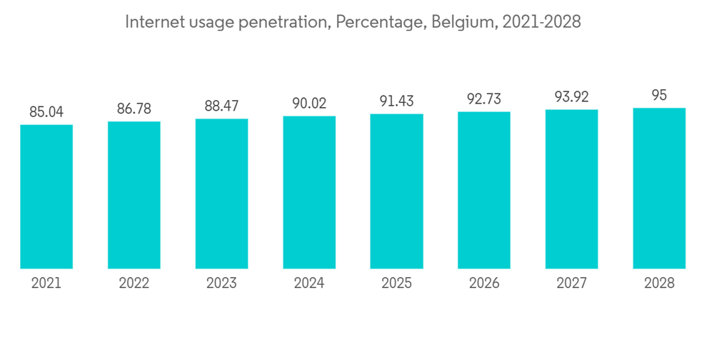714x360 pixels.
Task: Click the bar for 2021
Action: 46,197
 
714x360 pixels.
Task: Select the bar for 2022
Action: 134,196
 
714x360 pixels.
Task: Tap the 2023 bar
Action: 221,194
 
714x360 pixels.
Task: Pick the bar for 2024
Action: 309,193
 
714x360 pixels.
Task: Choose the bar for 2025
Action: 397,191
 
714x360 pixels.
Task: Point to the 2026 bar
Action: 484,191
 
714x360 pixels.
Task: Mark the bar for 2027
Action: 572,189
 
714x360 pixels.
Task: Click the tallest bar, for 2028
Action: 659,189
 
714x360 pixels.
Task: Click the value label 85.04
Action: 46,111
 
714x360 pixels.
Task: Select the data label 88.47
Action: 221,106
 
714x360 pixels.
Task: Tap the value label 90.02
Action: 309,103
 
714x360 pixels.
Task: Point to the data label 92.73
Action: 484,99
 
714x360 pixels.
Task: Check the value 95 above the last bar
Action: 659,95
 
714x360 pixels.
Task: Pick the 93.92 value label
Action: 572,96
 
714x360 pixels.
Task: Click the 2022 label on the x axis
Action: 134,284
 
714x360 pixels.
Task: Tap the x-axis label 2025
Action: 397,284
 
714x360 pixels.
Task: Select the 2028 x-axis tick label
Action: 659,284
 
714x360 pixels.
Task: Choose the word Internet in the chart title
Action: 152,22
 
